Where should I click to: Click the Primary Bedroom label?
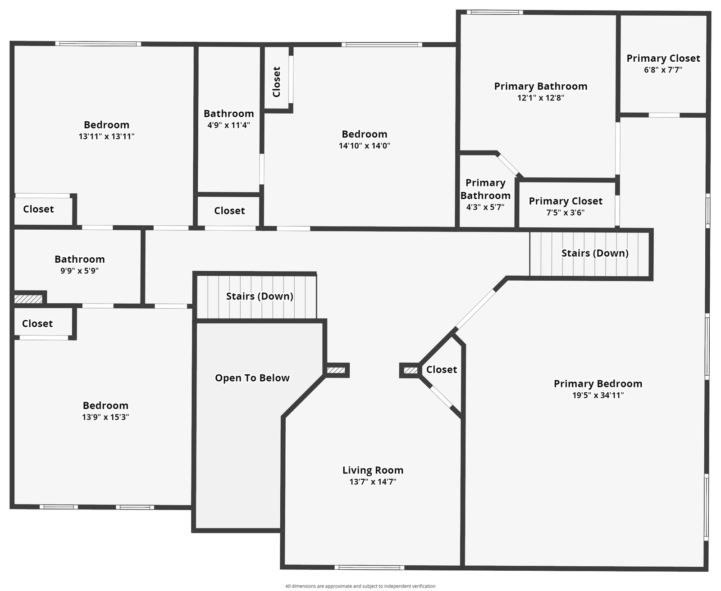(598, 384)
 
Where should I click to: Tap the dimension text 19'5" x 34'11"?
(598, 396)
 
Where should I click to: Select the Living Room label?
(373, 470)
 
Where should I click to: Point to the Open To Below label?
(252, 378)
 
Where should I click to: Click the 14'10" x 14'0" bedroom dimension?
(364, 145)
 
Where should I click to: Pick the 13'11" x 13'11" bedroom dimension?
(106, 136)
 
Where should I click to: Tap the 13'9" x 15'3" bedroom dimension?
(105, 417)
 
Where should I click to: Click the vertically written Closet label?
(277, 82)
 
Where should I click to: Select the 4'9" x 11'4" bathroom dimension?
(228, 125)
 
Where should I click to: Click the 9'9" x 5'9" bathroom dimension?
(79, 271)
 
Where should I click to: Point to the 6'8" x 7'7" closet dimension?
(663, 70)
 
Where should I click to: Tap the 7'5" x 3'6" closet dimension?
(565, 213)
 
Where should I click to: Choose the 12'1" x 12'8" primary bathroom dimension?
(540, 98)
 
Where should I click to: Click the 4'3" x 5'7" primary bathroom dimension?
(485, 207)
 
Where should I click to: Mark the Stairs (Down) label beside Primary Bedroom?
(594, 253)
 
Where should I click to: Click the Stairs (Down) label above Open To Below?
(259, 296)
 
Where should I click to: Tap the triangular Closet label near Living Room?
(441, 370)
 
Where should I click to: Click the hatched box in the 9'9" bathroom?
(28, 299)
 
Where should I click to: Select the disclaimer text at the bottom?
(360, 586)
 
